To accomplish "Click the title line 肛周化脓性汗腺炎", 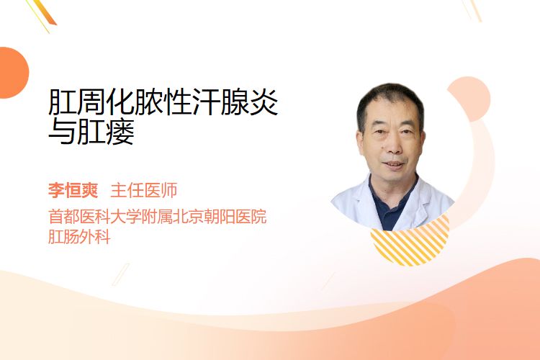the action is tap(163, 102).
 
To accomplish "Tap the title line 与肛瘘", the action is tap(91, 131).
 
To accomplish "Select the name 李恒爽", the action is tap(73, 191).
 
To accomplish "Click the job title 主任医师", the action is tap(144, 191).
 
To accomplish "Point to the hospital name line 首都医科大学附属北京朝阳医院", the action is tap(158, 217).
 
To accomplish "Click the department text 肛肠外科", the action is tap(79, 237).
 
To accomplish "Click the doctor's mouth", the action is tap(393, 164).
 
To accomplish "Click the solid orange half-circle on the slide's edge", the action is tap(13, 73).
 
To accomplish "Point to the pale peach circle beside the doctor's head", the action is tap(471, 98).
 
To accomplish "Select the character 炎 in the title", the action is tap(264, 102).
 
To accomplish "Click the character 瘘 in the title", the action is tap(120, 131).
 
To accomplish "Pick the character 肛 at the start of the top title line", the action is tap(63, 102).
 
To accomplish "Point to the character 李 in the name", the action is tap(56, 191).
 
